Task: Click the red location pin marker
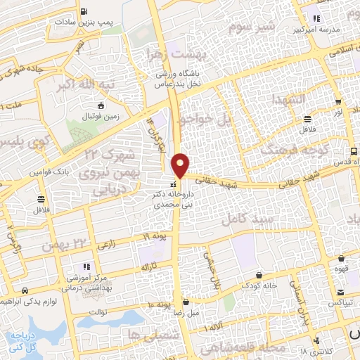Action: pyautogui.click(x=181, y=165)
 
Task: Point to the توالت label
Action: pyautogui.click(x=101, y=311)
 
